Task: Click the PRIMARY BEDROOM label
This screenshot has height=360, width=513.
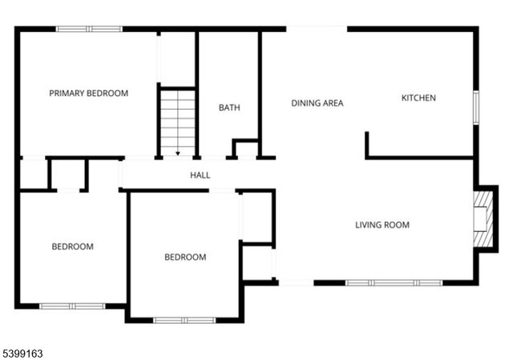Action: point(88,93)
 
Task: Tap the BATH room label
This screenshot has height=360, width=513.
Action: point(229,107)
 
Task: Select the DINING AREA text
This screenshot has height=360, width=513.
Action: point(317,103)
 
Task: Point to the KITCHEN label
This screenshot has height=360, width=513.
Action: point(418,98)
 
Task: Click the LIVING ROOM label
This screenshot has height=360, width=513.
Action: point(382,224)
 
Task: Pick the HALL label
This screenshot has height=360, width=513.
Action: point(200,175)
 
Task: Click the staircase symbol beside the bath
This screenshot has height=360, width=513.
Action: point(177,120)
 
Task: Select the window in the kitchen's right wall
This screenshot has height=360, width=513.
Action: point(475,107)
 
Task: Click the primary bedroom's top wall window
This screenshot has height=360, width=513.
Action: point(88,29)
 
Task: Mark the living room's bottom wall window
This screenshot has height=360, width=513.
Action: point(394,282)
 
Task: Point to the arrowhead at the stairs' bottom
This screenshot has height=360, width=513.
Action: point(177,152)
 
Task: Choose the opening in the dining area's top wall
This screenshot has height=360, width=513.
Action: point(317,29)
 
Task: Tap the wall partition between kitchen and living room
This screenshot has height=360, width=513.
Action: point(419,157)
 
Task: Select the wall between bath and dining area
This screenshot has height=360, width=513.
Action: point(260,92)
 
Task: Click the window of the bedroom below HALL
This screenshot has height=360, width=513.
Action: point(184,320)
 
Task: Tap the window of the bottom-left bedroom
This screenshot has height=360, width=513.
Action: point(72,305)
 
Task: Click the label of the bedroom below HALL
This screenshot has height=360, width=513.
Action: point(185,257)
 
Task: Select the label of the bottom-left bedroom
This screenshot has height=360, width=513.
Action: point(72,246)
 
